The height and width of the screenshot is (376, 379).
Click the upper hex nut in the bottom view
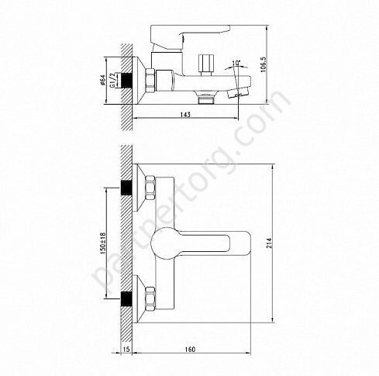(x=150, y=188)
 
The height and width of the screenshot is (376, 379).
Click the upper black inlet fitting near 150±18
(x=126, y=188)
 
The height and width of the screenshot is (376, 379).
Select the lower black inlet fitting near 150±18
(x=126, y=297)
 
